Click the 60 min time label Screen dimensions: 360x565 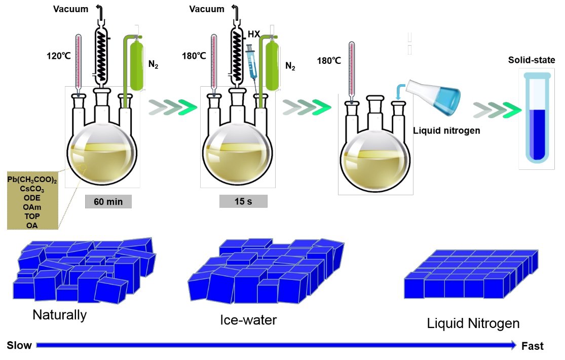[x=108, y=201]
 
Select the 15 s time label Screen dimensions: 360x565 [x=243, y=201]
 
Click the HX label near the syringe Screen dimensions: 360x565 [x=254, y=34]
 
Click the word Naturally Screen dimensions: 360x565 [x=59, y=315]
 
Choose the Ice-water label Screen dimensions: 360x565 [x=248, y=320]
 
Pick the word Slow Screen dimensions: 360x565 [x=19, y=346]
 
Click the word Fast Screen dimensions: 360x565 [x=532, y=346]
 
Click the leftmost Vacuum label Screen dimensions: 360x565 [x=70, y=9]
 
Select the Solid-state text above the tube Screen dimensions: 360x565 [x=532, y=60]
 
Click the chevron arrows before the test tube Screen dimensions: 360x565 [x=497, y=109]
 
